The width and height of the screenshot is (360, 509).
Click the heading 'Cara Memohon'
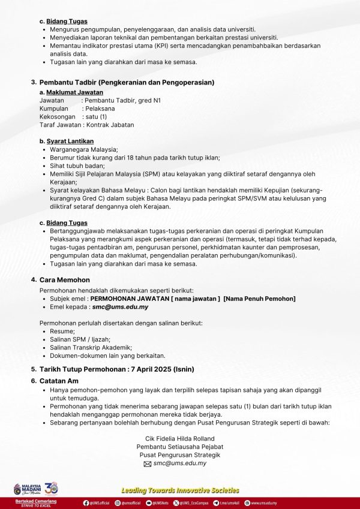64,280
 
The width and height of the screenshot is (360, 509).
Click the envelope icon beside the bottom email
147,464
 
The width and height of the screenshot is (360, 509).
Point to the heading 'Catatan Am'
59,381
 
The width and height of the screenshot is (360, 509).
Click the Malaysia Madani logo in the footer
27,488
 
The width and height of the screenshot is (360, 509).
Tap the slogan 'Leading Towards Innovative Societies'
179,490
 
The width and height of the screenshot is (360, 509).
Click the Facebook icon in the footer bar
86,503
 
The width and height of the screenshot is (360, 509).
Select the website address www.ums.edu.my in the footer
264,503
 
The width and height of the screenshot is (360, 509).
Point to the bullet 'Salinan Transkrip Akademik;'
91,347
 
